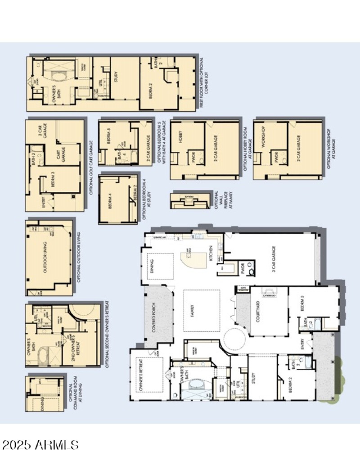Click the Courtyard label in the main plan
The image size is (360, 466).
click(x=258, y=310)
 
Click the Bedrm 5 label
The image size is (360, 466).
click(x=109, y=136)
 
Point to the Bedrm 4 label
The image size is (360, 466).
click(x=109, y=199)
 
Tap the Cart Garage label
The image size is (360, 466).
click(x=58, y=155)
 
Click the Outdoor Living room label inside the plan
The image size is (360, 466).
click(x=45, y=259)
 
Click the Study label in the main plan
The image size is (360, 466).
click(x=253, y=376)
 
